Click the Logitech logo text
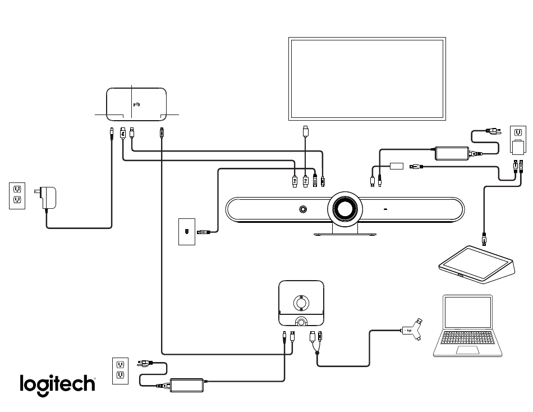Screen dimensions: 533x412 (57, 385)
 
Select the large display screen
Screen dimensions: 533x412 (367, 79)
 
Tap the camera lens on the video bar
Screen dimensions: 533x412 (345, 209)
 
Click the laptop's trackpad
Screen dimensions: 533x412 (467, 350)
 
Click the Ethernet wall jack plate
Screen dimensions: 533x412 (187, 232)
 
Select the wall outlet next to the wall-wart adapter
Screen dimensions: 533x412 (17, 196)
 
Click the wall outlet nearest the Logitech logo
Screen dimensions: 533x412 (120, 371)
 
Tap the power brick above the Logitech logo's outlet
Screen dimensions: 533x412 (187, 385)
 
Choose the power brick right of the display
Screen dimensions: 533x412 (452, 153)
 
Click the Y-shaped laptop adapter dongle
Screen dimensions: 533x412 (412, 329)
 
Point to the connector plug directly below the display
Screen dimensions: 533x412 (306, 131)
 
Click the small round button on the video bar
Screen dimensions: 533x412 (303, 209)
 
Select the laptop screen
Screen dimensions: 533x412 (468, 312)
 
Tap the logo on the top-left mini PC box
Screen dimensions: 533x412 (137, 104)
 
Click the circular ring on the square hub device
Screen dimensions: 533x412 (301, 303)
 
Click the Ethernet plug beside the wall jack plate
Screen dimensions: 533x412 (203, 232)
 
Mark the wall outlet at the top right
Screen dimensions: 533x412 (518, 140)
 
